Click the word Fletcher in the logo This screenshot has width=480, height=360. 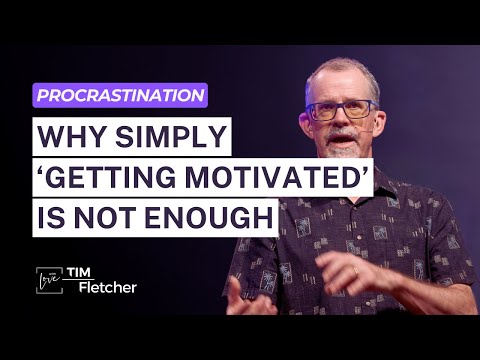point(106,289)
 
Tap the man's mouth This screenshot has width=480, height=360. point(337,141)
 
